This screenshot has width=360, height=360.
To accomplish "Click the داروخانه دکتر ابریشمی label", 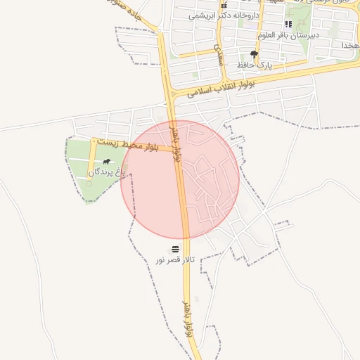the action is (x=224, y=15).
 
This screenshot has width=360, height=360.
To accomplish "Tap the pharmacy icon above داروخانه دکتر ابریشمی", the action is (x=224, y=5).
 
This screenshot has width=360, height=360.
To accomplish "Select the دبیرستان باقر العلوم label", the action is (x=288, y=34).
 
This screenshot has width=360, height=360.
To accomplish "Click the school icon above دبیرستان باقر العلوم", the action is (x=288, y=24).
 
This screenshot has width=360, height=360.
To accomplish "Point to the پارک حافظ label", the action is (x=254, y=64).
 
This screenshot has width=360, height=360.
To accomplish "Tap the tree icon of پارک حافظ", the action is (x=254, y=53).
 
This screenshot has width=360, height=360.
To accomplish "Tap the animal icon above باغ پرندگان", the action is (x=106, y=161).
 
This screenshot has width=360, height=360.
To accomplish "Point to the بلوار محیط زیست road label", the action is (x=126, y=145).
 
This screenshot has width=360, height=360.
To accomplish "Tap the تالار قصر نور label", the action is (x=174, y=260).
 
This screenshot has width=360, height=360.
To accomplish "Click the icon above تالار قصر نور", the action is (x=174, y=249).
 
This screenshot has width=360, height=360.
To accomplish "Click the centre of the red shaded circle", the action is (x=180, y=179).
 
